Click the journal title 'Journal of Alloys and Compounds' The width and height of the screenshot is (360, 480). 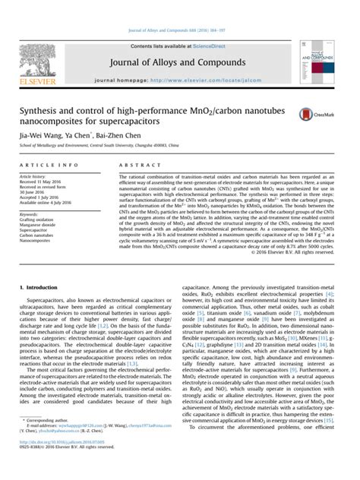180,62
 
